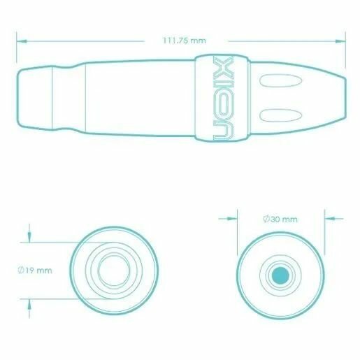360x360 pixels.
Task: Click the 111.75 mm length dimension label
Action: click(x=185, y=41)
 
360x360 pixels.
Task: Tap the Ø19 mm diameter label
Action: click(x=35, y=271)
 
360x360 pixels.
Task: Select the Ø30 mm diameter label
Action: click(x=280, y=219)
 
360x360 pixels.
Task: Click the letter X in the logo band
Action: click(x=223, y=66)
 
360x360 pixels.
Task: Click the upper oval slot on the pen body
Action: click(x=280, y=80)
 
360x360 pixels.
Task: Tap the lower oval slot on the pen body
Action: click(x=280, y=115)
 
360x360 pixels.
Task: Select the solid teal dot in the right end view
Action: click(x=280, y=275)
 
